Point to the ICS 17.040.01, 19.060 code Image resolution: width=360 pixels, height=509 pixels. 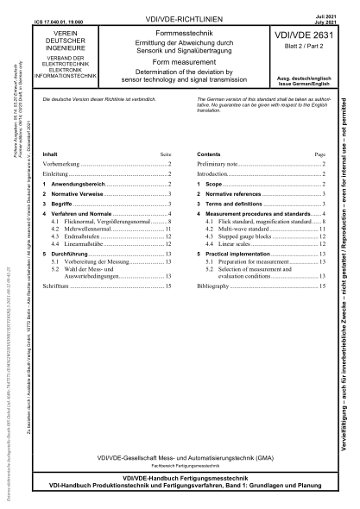[76, 14]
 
